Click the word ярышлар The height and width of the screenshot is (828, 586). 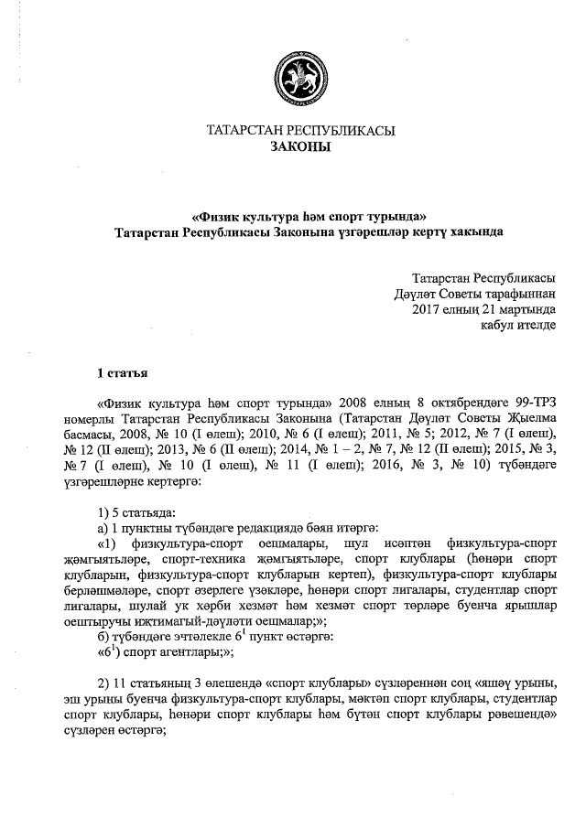[530, 605]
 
